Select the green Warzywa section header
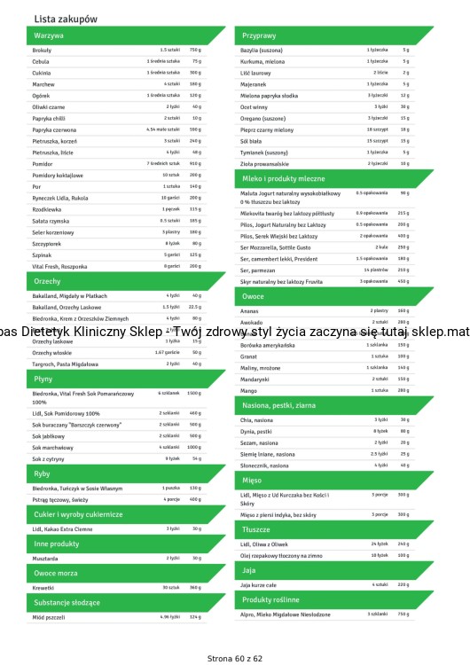(x=50, y=35)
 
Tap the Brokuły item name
(x=42, y=51)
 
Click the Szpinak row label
(x=42, y=254)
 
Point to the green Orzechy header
(x=49, y=281)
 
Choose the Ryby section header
(x=43, y=473)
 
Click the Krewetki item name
(x=43, y=587)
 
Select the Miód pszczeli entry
(x=49, y=616)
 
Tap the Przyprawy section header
(x=260, y=35)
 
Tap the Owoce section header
(x=254, y=296)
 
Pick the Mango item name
(x=249, y=390)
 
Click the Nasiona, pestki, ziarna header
(x=278, y=405)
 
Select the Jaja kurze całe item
(x=259, y=585)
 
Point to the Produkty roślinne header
(x=271, y=600)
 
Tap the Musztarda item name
(x=45, y=559)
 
